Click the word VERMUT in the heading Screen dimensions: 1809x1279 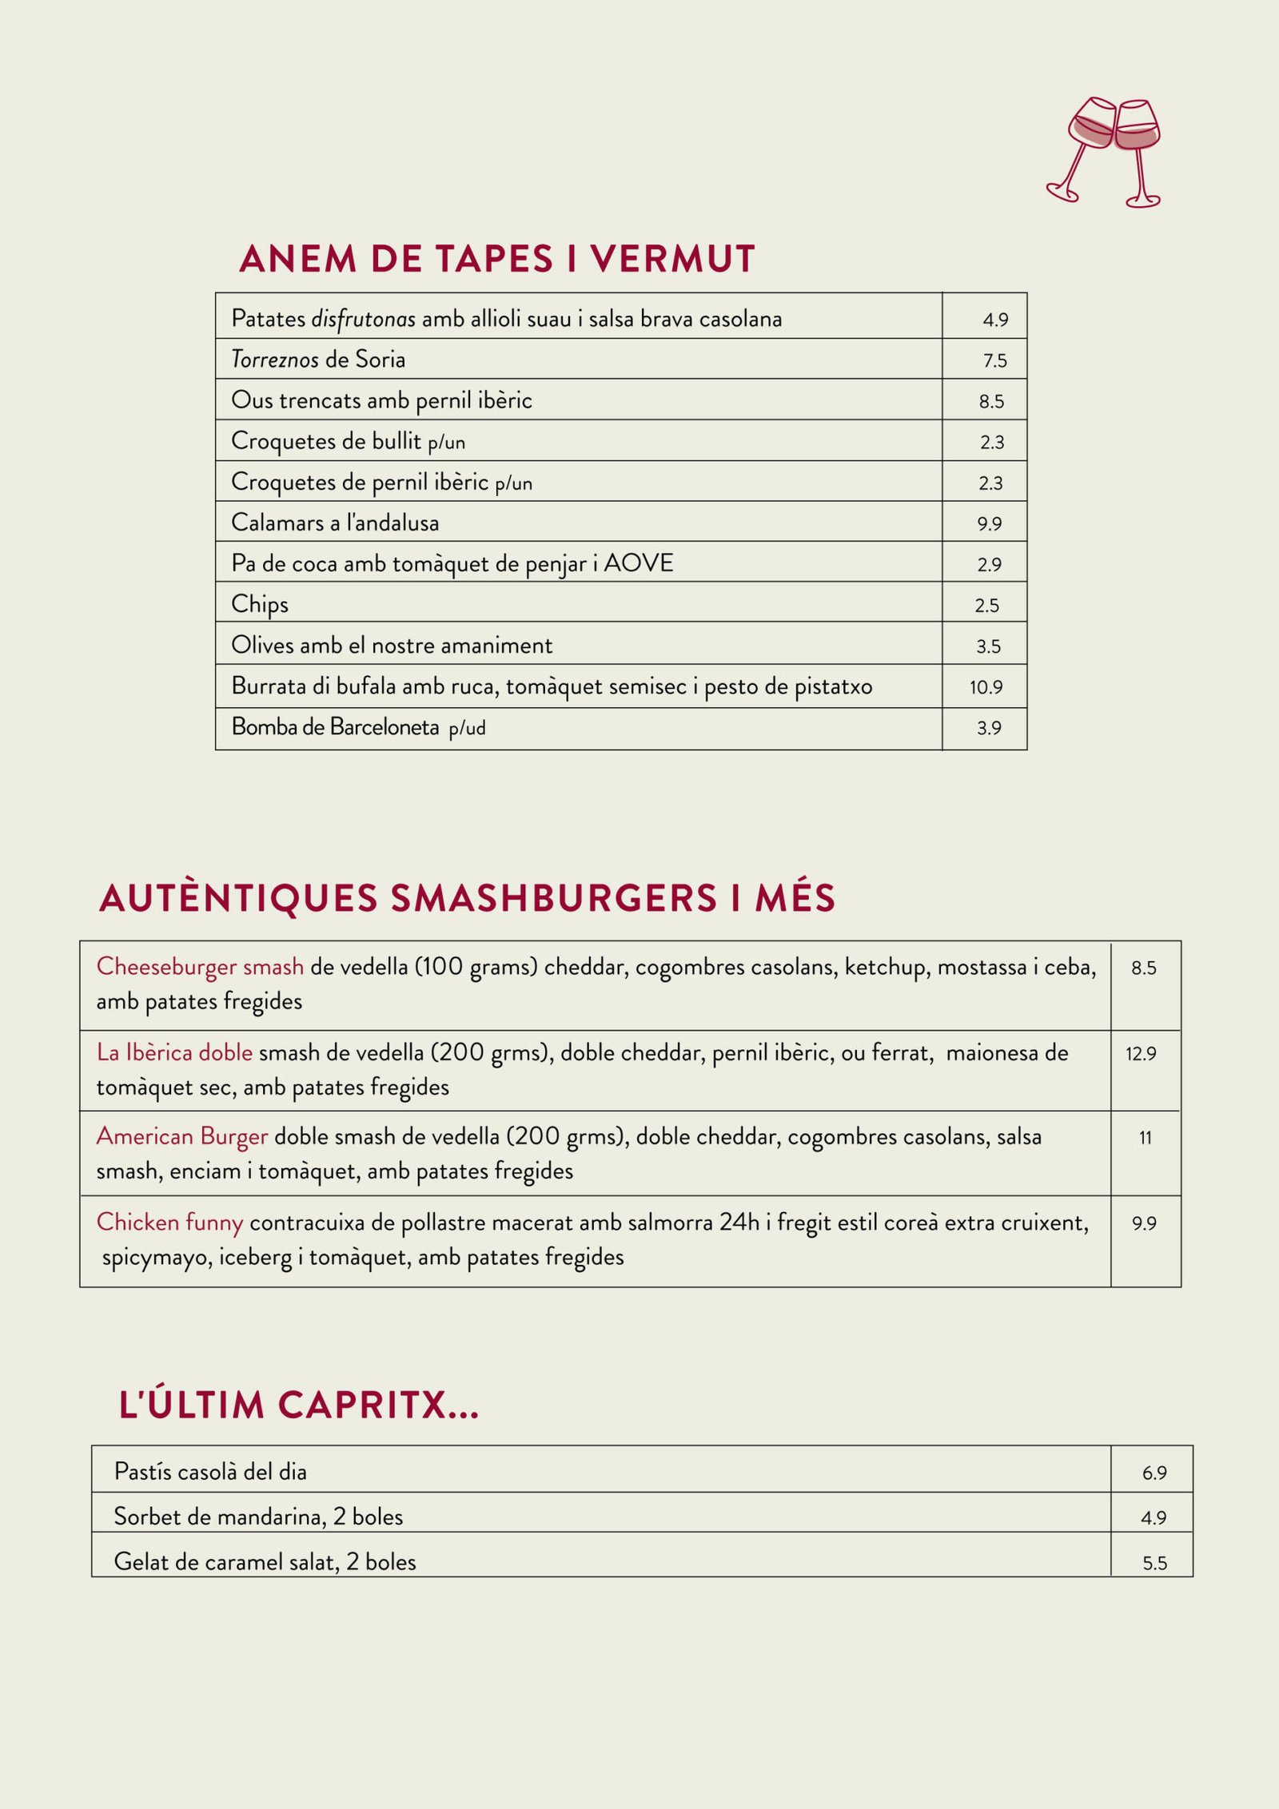(x=672, y=259)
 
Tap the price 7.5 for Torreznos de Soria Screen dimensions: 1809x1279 (x=994, y=360)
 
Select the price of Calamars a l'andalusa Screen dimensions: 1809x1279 (x=989, y=523)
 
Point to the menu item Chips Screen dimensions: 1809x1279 (x=259, y=605)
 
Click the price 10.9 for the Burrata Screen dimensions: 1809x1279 (x=986, y=687)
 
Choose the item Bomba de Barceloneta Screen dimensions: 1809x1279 (x=335, y=727)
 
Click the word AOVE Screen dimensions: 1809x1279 (x=638, y=563)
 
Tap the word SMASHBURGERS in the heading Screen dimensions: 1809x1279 (x=553, y=898)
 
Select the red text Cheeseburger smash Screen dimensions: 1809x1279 (x=200, y=967)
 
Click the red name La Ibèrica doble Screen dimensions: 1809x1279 (x=174, y=1052)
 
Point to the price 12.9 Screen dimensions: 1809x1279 (x=1141, y=1054)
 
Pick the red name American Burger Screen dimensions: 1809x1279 (x=181, y=1136)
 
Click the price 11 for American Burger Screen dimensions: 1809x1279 (x=1145, y=1138)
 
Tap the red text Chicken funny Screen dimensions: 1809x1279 (x=169, y=1222)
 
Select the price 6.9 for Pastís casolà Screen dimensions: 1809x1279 (x=1153, y=1473)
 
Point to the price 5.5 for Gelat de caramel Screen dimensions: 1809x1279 (x=1154, y=1563)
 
